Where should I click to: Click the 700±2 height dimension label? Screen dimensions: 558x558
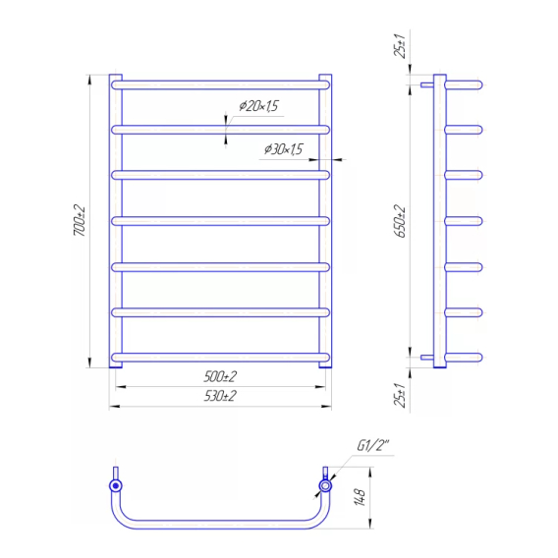click(80, 220)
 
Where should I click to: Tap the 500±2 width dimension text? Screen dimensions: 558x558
click(220, 376)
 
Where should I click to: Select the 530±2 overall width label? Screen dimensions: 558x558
click(220, 396)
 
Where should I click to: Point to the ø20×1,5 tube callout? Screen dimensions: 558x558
click(258, 106)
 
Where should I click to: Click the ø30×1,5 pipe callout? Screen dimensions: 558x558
click(283, 149)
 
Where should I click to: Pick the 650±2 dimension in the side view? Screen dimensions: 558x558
click(400, 221)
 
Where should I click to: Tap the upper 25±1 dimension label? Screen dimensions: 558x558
click(399, 46)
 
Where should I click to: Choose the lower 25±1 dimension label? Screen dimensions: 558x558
click(400, 395)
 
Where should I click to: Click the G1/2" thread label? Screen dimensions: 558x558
click(373, 446)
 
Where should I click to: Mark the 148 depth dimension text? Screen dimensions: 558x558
click(360, 497)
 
